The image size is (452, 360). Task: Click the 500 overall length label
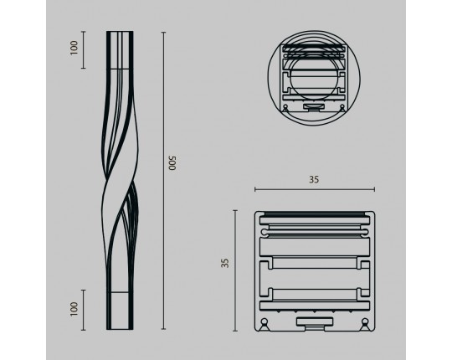coord(172,163)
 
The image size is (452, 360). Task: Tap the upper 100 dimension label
coord(74,48)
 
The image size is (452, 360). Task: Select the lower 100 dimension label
coord(74,309)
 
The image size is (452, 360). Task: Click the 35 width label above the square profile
coord(314,179)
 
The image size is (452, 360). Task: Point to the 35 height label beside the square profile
coord(225,263)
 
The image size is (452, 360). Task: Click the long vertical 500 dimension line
coord(164,181)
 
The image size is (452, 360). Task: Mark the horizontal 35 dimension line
coord(315,189)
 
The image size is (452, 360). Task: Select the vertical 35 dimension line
coord(235,270)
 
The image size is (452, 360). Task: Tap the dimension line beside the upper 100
coord(84,50)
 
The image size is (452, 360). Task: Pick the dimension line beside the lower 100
coord(84,310)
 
